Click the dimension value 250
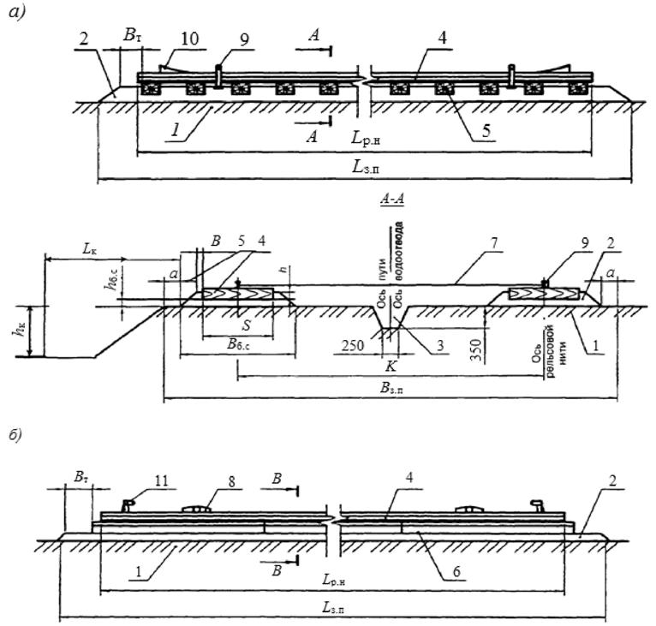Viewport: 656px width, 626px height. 351,346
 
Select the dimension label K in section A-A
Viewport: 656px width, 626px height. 391,365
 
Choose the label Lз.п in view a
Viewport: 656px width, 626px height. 365,168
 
